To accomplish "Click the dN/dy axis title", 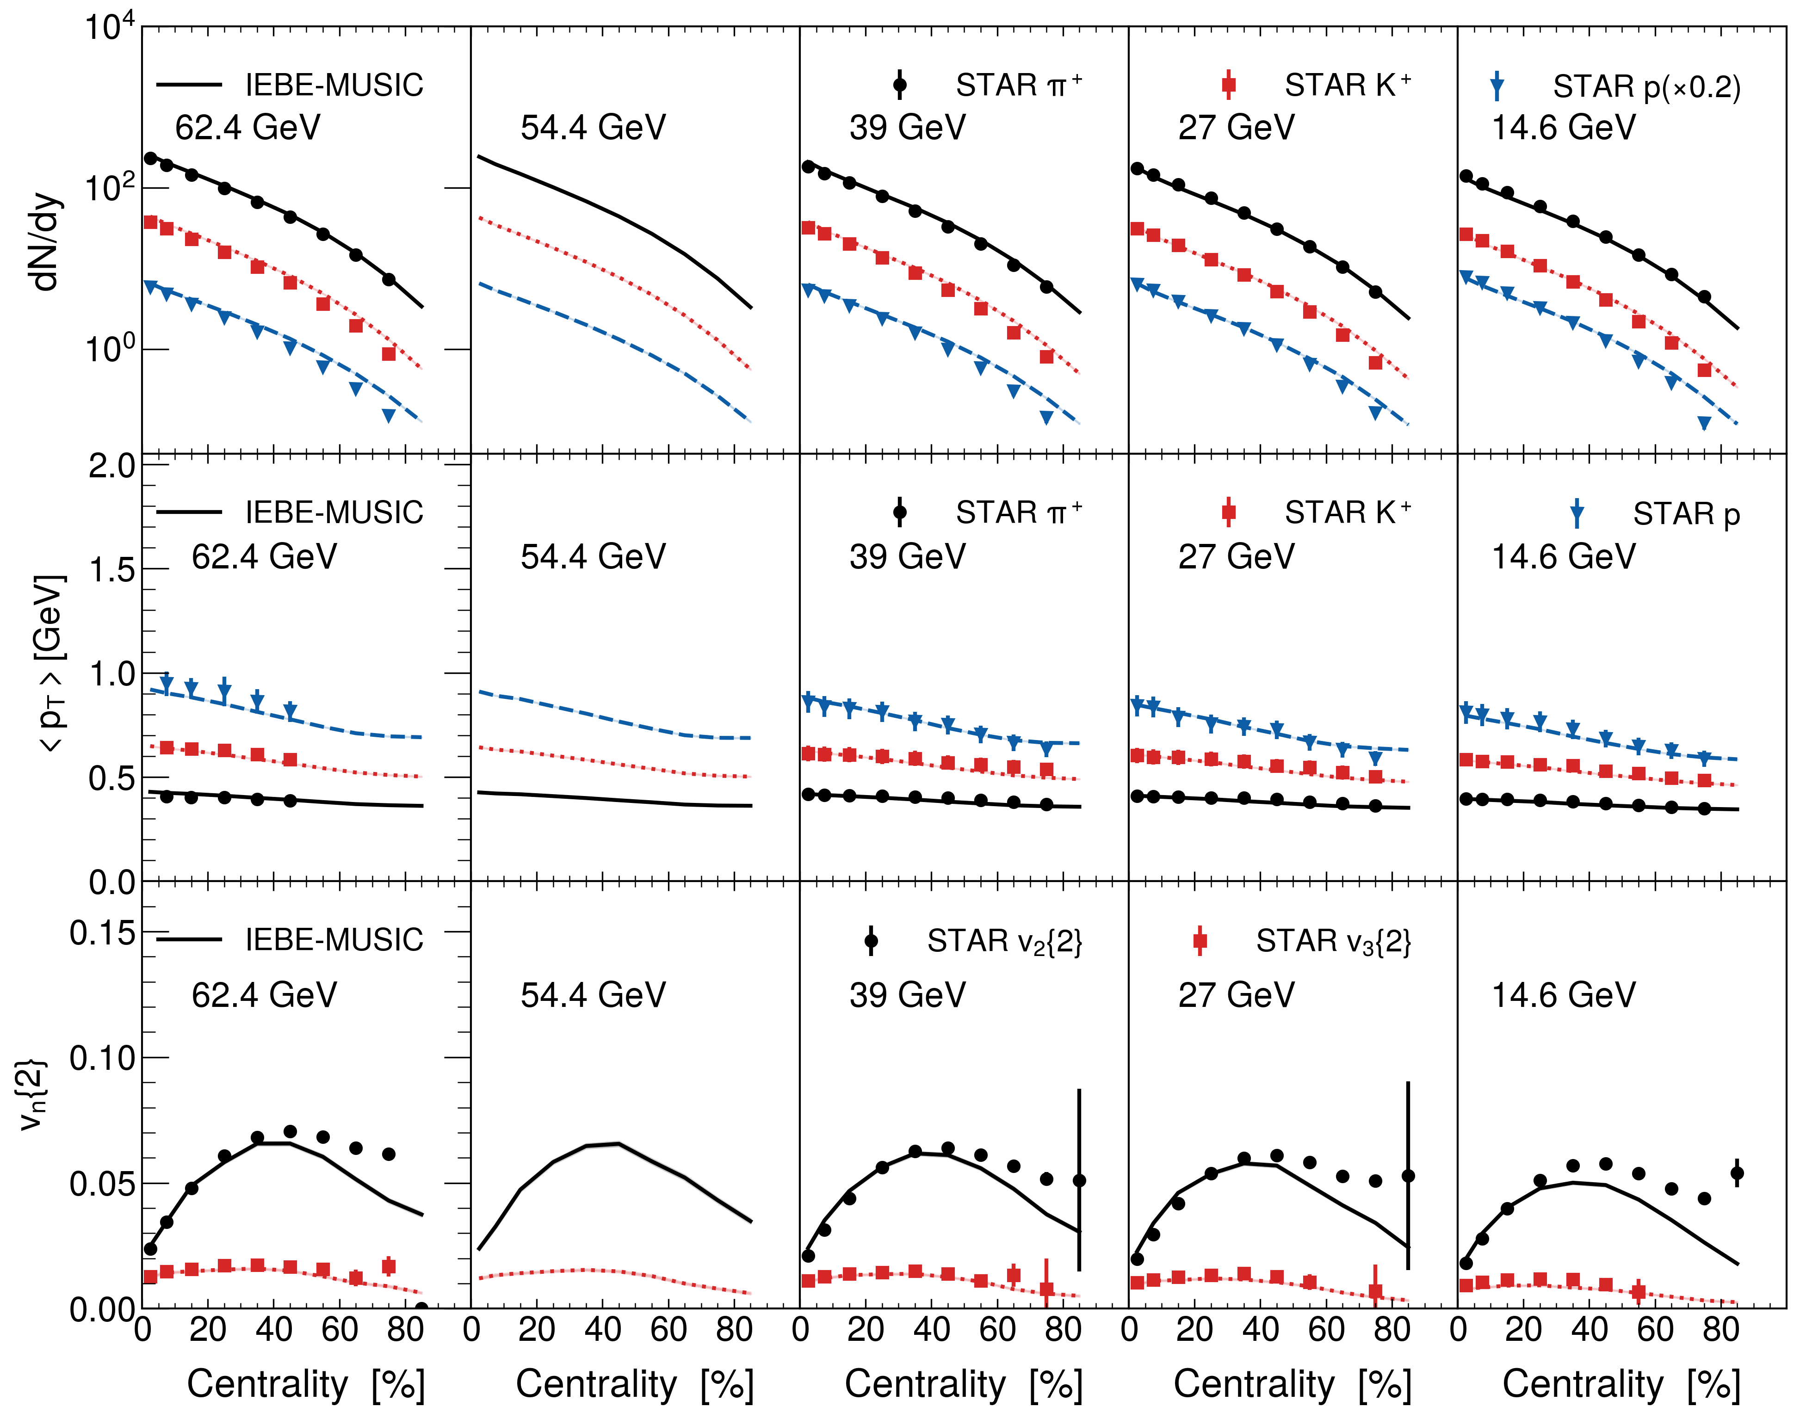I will tap(46, 243).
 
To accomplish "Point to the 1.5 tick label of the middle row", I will tap(112, 570).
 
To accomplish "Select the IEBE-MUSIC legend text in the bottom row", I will tap(334, 940).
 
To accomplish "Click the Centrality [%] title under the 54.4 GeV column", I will tap(634, 1384).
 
